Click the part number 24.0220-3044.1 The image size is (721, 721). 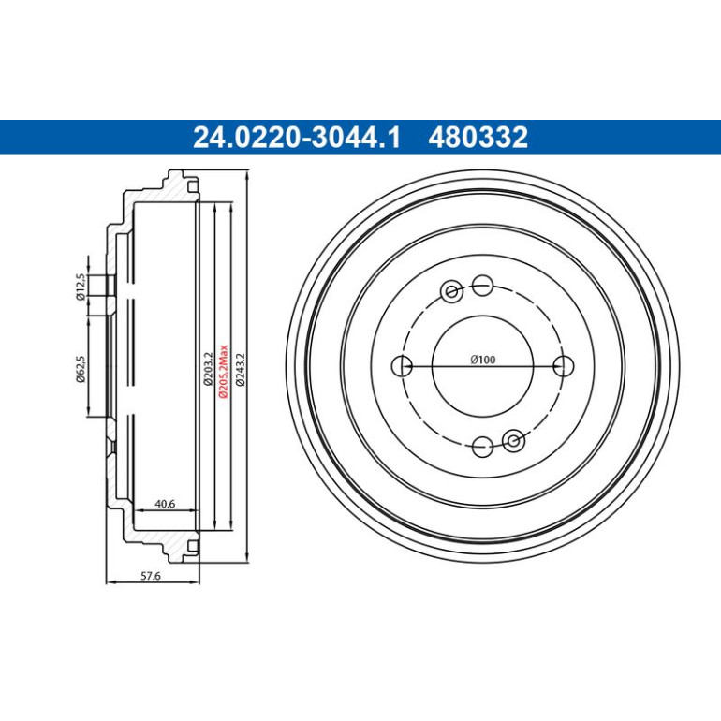coord(297,137)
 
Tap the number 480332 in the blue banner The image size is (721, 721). coord(478,137)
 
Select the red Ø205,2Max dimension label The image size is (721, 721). coord(224,371)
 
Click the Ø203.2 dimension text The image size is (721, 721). coord(208,369)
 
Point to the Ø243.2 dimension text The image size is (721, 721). coord(240,369)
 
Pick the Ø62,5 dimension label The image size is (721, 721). coord(81,369)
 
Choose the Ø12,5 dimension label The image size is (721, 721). coord(81,287)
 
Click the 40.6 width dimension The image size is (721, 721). coord(165,504)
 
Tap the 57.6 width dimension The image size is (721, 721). coord(151,576)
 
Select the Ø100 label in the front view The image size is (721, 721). coord(483,360)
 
